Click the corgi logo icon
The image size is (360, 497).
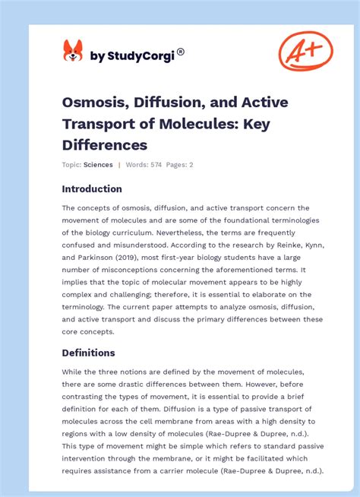pos(72,51)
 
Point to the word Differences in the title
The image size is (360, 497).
pos(104,144)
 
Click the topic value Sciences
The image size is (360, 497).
pos(99,165)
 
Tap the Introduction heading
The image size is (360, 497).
pos(92,188)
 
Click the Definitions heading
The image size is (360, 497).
pos(88,353)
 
